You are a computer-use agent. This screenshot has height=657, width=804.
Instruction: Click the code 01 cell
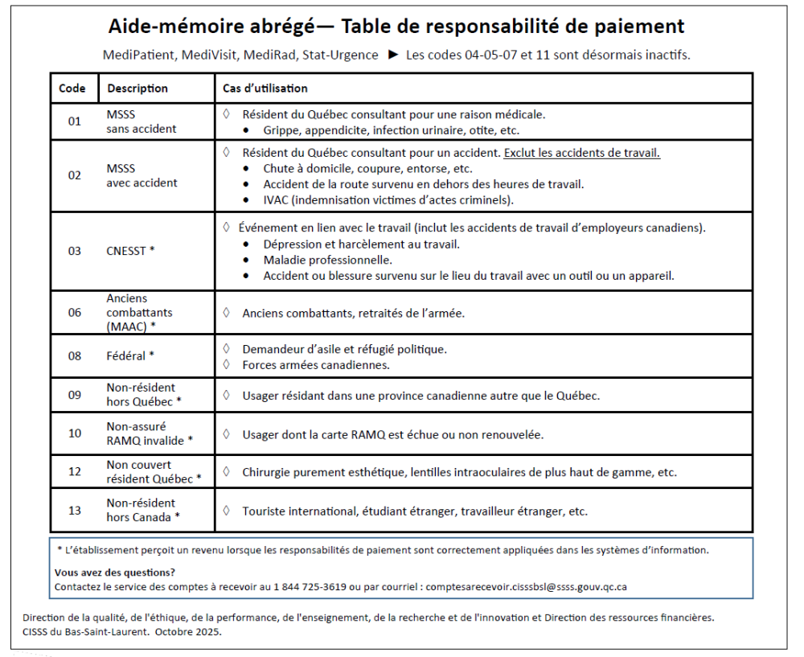pyautogui.click(x=75, y=122)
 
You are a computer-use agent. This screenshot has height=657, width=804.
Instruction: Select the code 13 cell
pyautogui.click(x=75, y=511)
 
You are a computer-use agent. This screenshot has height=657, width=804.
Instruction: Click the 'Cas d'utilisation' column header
pyautogui.click(x=265, y=88)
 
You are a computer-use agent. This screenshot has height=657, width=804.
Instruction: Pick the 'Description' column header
pyautogui.click(x=137, y=88)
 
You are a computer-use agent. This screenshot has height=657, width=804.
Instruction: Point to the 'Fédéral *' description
pyautogui.click(x=130, y=356)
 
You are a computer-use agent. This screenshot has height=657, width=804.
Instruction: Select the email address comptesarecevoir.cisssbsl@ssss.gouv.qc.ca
pyautogui.click(x=527, y=586)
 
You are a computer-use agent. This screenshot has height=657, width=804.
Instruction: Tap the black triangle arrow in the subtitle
pyautogui.click(x=393, y=55)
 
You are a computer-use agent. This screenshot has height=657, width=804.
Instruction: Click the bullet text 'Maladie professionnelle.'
pyautogui.click(x=328, y=260)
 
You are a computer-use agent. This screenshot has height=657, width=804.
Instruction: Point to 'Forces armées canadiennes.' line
pyautogui.click(x=316, y=364)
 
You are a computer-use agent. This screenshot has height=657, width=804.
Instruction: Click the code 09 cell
pyautogui.click(x=75, y=395)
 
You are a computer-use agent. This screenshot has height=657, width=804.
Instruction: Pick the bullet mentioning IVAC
pyautogui.click(x=388, y=199)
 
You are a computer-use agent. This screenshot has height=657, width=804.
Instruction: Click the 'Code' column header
pyautogui.click(x=73, y=88)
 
